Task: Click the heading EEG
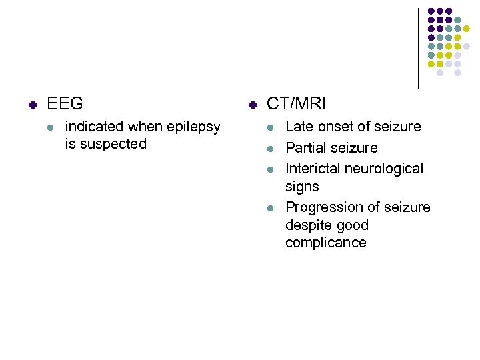pos(65,104)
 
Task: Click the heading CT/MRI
pos(296,104)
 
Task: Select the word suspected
pos(113,144)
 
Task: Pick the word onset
pos(335,127)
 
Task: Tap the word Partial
pos(307,148)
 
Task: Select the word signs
pos(302,187)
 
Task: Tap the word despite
pos(309,225)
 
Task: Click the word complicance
pos(326,243)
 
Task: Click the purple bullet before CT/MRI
pos(252,105)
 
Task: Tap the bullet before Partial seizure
pos(270,149)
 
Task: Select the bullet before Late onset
pos(270,127)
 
